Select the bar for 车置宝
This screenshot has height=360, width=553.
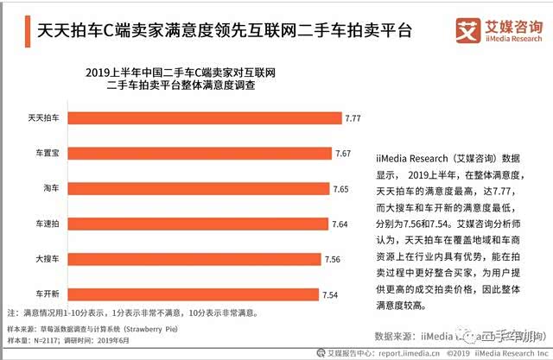coord(200,153)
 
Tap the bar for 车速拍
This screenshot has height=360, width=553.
coord(198,224)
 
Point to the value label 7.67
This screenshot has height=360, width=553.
coord(343,153)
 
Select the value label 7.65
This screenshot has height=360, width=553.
coord(341,188)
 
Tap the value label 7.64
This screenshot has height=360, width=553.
coord(340,224)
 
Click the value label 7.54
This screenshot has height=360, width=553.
coord(331,294)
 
